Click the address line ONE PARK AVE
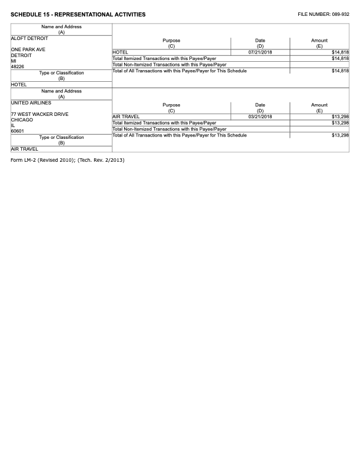pyautogui.click(x=28, y=49)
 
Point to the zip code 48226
pyautogui.click(x=18, y=66)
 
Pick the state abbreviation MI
pyautogui.click(x=14, y=61)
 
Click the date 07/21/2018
pyautogui.click(x=260, y=52)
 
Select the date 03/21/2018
pyautogui.click(x=260, y=116)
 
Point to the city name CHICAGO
pyautogui.click(x=22, y=119)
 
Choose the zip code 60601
pyautogui.click(x=18, y=131)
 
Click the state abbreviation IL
pyautogui.click(x=13, y=125)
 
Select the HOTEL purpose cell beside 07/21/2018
pyautogui.click(x=121, y=52)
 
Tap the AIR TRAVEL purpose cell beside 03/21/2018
pyautogui.click(x=126, y=116)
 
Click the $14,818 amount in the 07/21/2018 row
pyautogui.click(x=340, y=52)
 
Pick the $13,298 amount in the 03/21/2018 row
pyautogui.click(x=340, y=116)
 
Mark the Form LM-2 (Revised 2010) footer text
pyautogui.click(x=68, y=161)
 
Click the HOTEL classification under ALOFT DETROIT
pyautogui.click(x=19, y=84)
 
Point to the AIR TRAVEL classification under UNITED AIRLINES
pyautogui.click(x=24, y=149)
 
